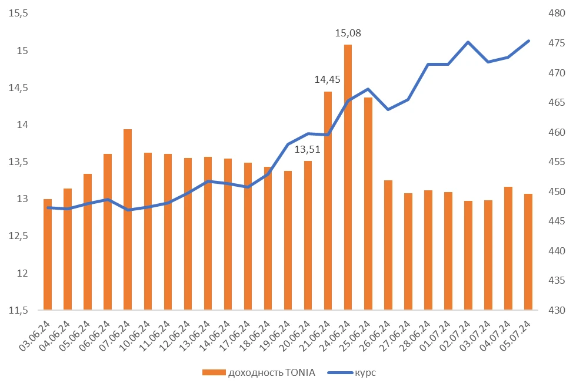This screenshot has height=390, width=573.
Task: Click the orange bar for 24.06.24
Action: point(348,176)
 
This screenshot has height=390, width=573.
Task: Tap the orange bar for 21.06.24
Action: point(328,200)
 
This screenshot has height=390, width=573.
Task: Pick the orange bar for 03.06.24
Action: point(48,254)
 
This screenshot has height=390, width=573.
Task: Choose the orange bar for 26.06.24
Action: point(388,244)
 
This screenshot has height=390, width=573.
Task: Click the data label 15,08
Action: point(348,33)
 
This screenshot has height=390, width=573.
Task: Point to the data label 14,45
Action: point(328,80)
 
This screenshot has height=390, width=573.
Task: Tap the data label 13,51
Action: point(308,149)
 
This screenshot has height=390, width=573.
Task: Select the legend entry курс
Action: point(365,372)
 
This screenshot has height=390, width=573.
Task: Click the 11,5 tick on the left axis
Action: point(18,310)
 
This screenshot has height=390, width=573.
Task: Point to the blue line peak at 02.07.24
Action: point(468,42)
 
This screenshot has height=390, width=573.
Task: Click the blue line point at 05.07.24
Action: point(528,41)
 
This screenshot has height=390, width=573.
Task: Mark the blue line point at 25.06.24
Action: point(368,89)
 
